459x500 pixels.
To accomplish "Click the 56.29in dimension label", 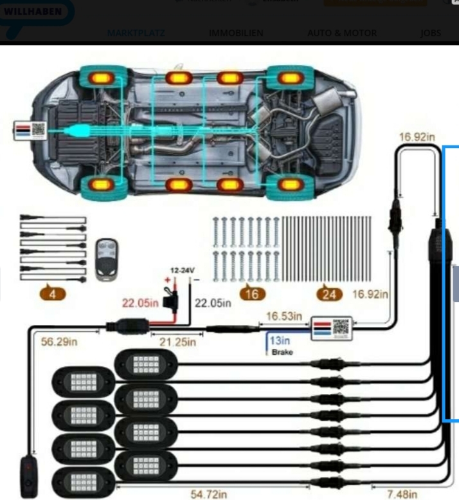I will pos(60,342).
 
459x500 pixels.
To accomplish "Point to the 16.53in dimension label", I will pos(283,316).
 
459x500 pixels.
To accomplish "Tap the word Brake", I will pos(282,353).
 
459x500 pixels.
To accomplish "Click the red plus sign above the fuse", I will pos(169,281).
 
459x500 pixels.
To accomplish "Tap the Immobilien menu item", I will pos(236,33).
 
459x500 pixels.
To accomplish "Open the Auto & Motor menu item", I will pos(342,33).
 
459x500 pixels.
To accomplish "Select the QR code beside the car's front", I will pos(38,129).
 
